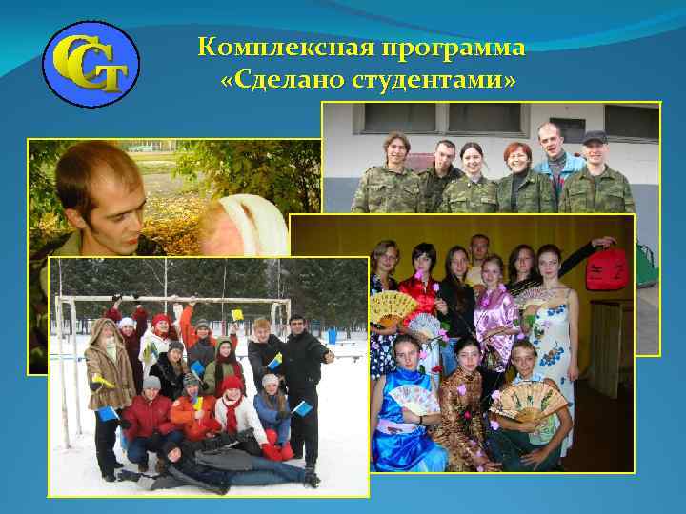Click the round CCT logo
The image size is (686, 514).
(91, 65)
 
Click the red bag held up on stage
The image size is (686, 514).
(606, 267)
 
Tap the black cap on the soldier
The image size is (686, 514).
(595, 137)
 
